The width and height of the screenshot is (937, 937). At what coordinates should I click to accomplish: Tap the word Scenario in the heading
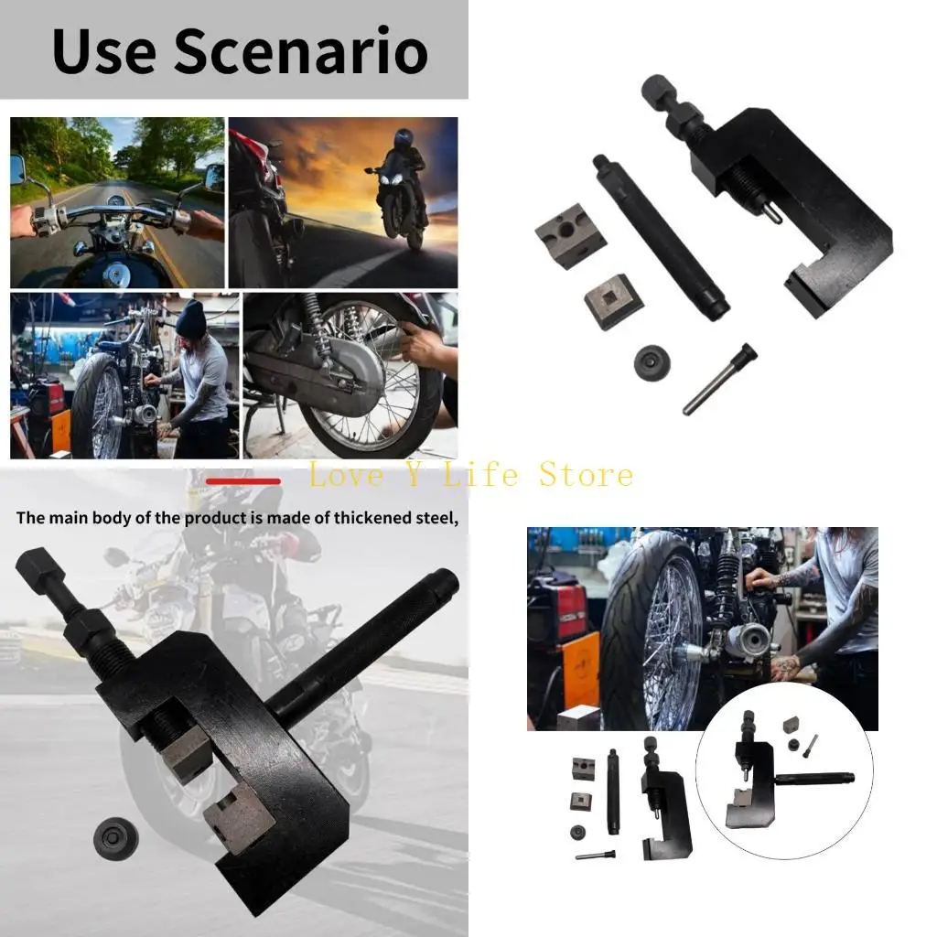pyautogui.click(x=301, y=52)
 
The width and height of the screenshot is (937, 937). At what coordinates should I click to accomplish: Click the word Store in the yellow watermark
pyautogui.click(x=586, y=475)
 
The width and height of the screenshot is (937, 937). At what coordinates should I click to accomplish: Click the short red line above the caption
pyautogui.click(x=242, y=480)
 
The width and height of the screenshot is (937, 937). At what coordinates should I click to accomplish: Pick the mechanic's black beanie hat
pyautogui.click(x=191, y=320)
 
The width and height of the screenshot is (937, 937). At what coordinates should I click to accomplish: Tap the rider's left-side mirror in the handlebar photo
pyautogui.click(x=18, y=169)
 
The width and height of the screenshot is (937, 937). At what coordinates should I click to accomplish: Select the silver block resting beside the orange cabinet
pyautogui.click(x=578, y=717)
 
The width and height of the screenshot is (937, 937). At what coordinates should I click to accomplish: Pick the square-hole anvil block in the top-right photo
pyautogui.click(x=612, y=300)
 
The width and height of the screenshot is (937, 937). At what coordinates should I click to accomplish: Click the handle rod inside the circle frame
pyautogui.click(x=814, y=780)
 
